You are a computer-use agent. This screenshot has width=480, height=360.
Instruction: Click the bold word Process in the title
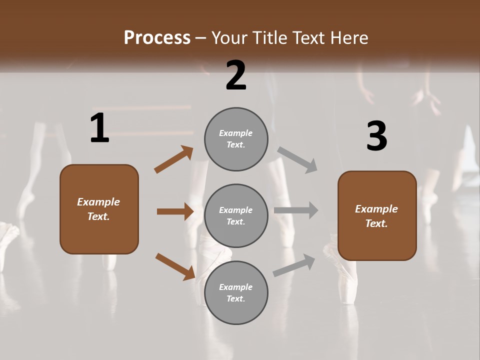(157, 38)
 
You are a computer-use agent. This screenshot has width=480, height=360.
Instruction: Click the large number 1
(99, 128)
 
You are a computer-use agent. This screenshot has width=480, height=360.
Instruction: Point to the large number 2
(236, 75)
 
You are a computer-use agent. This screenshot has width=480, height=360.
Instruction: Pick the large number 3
(376, 136)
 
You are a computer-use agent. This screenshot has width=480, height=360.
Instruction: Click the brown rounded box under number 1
(99, 209)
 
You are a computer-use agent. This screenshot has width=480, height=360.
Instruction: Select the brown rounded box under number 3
(377, 216)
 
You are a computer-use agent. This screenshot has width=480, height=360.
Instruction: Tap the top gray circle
(236, 139)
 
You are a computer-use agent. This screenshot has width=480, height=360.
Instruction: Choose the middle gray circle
(236, 216)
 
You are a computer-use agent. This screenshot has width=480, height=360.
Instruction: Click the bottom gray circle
(236, 293)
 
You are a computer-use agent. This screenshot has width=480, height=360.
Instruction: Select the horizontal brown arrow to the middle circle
(175, 211)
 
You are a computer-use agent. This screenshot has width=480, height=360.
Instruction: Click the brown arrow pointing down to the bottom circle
(175, 266)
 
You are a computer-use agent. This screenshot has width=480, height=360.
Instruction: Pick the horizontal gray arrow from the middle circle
(296, 210)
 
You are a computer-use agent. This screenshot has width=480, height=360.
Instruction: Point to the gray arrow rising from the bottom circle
(294, 265)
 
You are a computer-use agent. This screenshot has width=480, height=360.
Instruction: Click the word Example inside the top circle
(235, 133)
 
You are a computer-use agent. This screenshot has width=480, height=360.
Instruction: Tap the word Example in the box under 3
(376, 209)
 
